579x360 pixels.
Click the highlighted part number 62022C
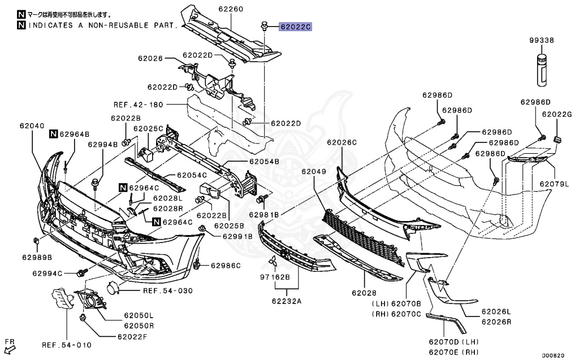[294, 27]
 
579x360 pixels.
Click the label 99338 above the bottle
[541, 41]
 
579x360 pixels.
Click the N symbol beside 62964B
[53, 134]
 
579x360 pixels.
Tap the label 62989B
[37, 257]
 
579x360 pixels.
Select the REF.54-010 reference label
[66, 345]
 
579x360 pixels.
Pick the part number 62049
[313, 172]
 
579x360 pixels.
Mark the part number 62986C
[226, 265]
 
